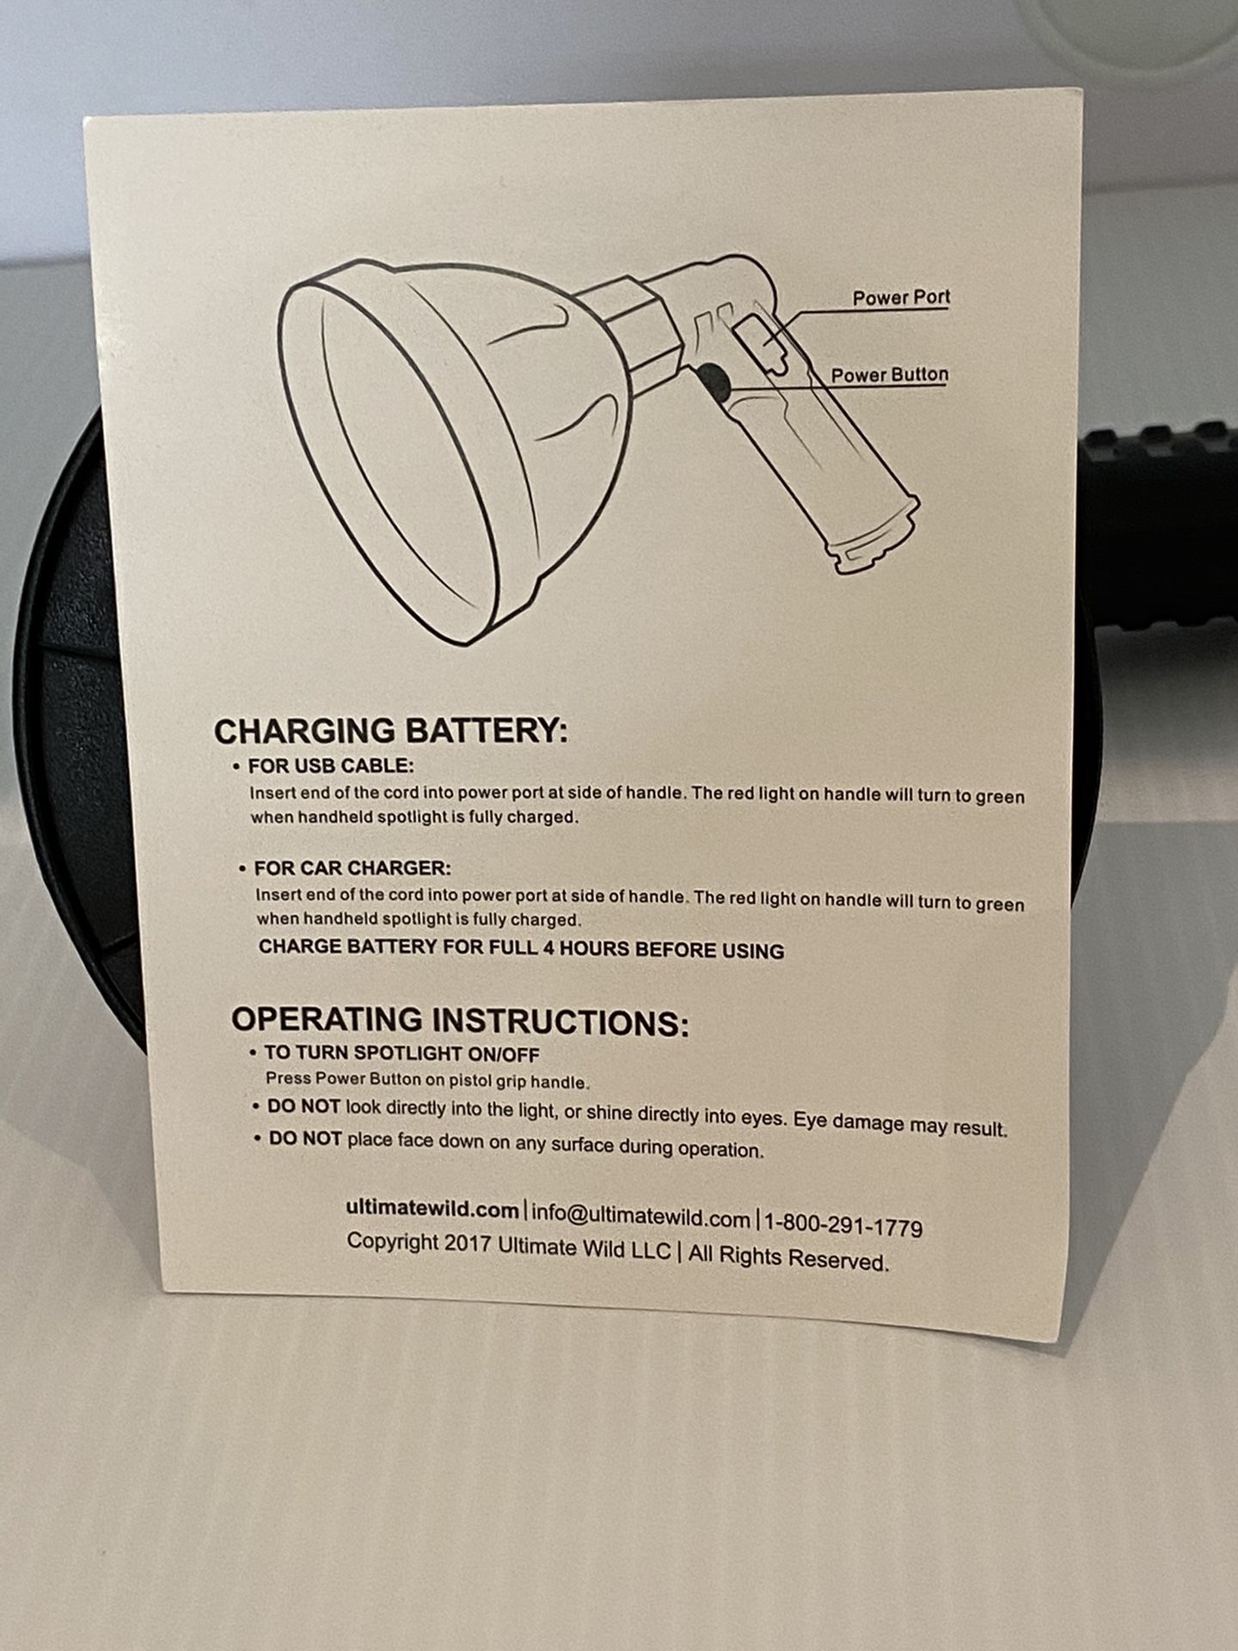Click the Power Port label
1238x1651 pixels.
[901, 298]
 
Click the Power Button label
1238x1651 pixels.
[889, 375]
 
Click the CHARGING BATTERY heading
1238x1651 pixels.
[391, 732]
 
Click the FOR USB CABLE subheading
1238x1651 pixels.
[331, 765]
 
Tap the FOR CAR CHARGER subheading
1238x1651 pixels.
[352, 868]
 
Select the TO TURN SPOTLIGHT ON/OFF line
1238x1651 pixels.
[402, 1053]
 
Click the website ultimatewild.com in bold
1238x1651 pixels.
[432, 1208]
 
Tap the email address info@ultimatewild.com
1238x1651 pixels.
[641, 1217]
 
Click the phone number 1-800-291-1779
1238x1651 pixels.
[843, 1225]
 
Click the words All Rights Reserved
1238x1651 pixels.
[788, 1258]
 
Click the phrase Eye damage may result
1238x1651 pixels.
[900, 1123]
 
